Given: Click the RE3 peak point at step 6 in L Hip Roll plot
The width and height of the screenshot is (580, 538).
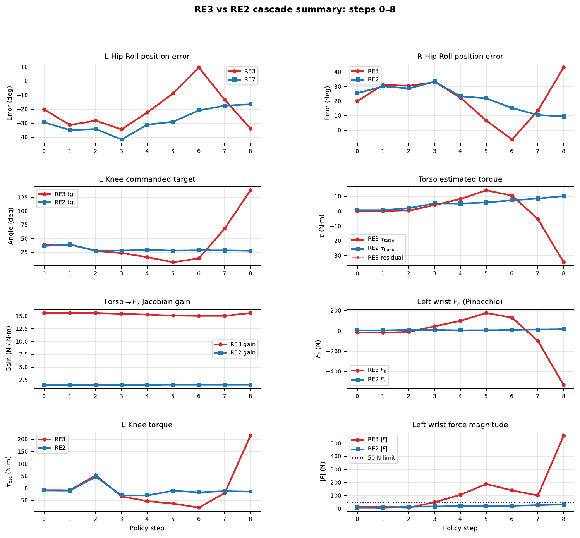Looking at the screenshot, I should click(x=199, y=67).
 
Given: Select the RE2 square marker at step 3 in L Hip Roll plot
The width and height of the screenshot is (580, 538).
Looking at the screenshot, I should click(x=121, y=139).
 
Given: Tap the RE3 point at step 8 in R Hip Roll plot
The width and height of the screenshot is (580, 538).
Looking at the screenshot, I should click(x=563, y=67).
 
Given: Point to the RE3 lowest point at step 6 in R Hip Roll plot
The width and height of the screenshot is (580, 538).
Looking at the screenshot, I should click(x=512, y=139).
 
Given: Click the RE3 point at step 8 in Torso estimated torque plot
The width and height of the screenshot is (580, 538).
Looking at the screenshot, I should click(x=563, y=262).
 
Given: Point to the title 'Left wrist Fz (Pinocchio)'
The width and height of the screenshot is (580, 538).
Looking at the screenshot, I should click(x=460, y=302).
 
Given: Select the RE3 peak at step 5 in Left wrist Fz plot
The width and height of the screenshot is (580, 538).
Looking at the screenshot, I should click(x=486, y=313).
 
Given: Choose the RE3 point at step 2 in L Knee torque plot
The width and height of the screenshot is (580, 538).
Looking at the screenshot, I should click(x=96, y=475).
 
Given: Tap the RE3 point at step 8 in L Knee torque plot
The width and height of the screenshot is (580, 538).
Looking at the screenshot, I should click(x=250, y=436).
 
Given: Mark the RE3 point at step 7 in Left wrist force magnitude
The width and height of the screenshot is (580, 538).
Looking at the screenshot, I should click(x=537, y=495).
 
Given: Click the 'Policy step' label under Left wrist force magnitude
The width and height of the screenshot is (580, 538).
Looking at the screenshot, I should click(x=460, y=528).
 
